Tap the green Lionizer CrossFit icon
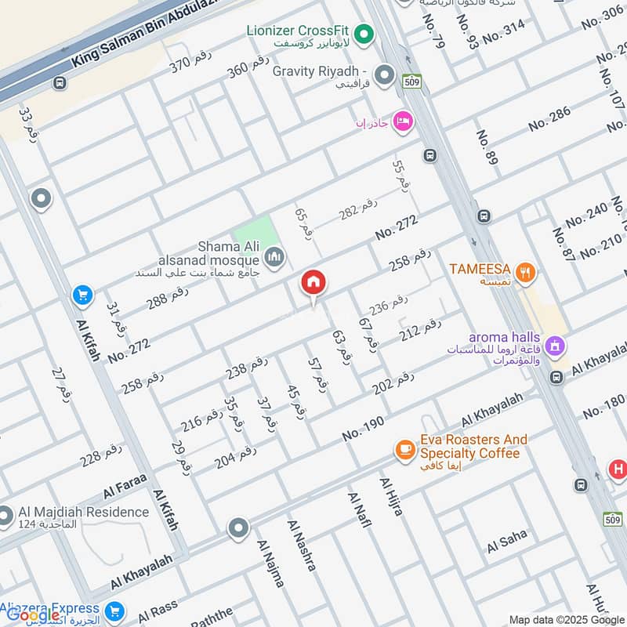363,34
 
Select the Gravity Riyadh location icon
383,75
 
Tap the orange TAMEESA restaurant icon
527,273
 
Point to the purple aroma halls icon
555,345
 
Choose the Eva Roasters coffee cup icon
404,449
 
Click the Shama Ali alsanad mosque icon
274,256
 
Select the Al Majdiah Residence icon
6,516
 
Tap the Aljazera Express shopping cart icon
115,611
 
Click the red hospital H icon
618,470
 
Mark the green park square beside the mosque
255,234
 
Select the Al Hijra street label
391,496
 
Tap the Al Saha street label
507,542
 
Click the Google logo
33,615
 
